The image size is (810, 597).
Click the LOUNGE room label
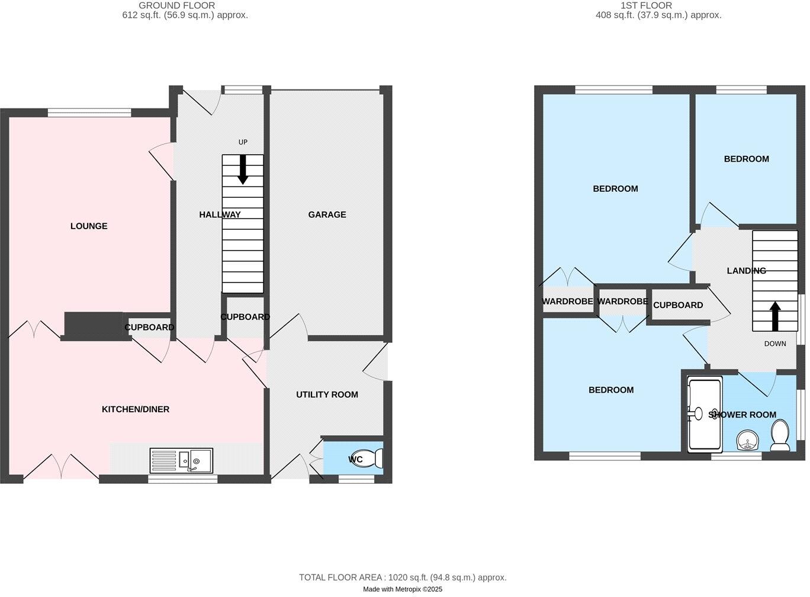pyautogui.click(x=89, y=226)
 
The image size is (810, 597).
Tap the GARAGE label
pyautogui.click(x=327, y=214)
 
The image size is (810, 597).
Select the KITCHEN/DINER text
pyautogui.click(x=136, y=409)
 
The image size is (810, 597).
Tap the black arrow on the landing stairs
pyautogui.click(x=774, y=316)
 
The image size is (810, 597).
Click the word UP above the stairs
pyautogui.click(x=243, y=142)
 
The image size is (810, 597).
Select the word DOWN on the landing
pyautogui.click(x=774, y=344)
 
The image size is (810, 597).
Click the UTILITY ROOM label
pyautogui.click(x=327, y=394)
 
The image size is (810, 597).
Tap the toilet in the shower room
pyautogui.click(x=780, y=436)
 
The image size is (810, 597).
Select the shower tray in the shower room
pyautogui.click(x=704, y=415)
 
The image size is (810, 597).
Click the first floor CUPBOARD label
pyautogui.click(x=678, y=305)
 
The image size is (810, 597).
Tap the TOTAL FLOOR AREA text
pyautogui.click(x=403, y=577)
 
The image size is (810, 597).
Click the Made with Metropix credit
pyautogui.click(x=403, y=589)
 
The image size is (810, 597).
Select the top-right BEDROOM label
pyautogui.click(x=746, y=159)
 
